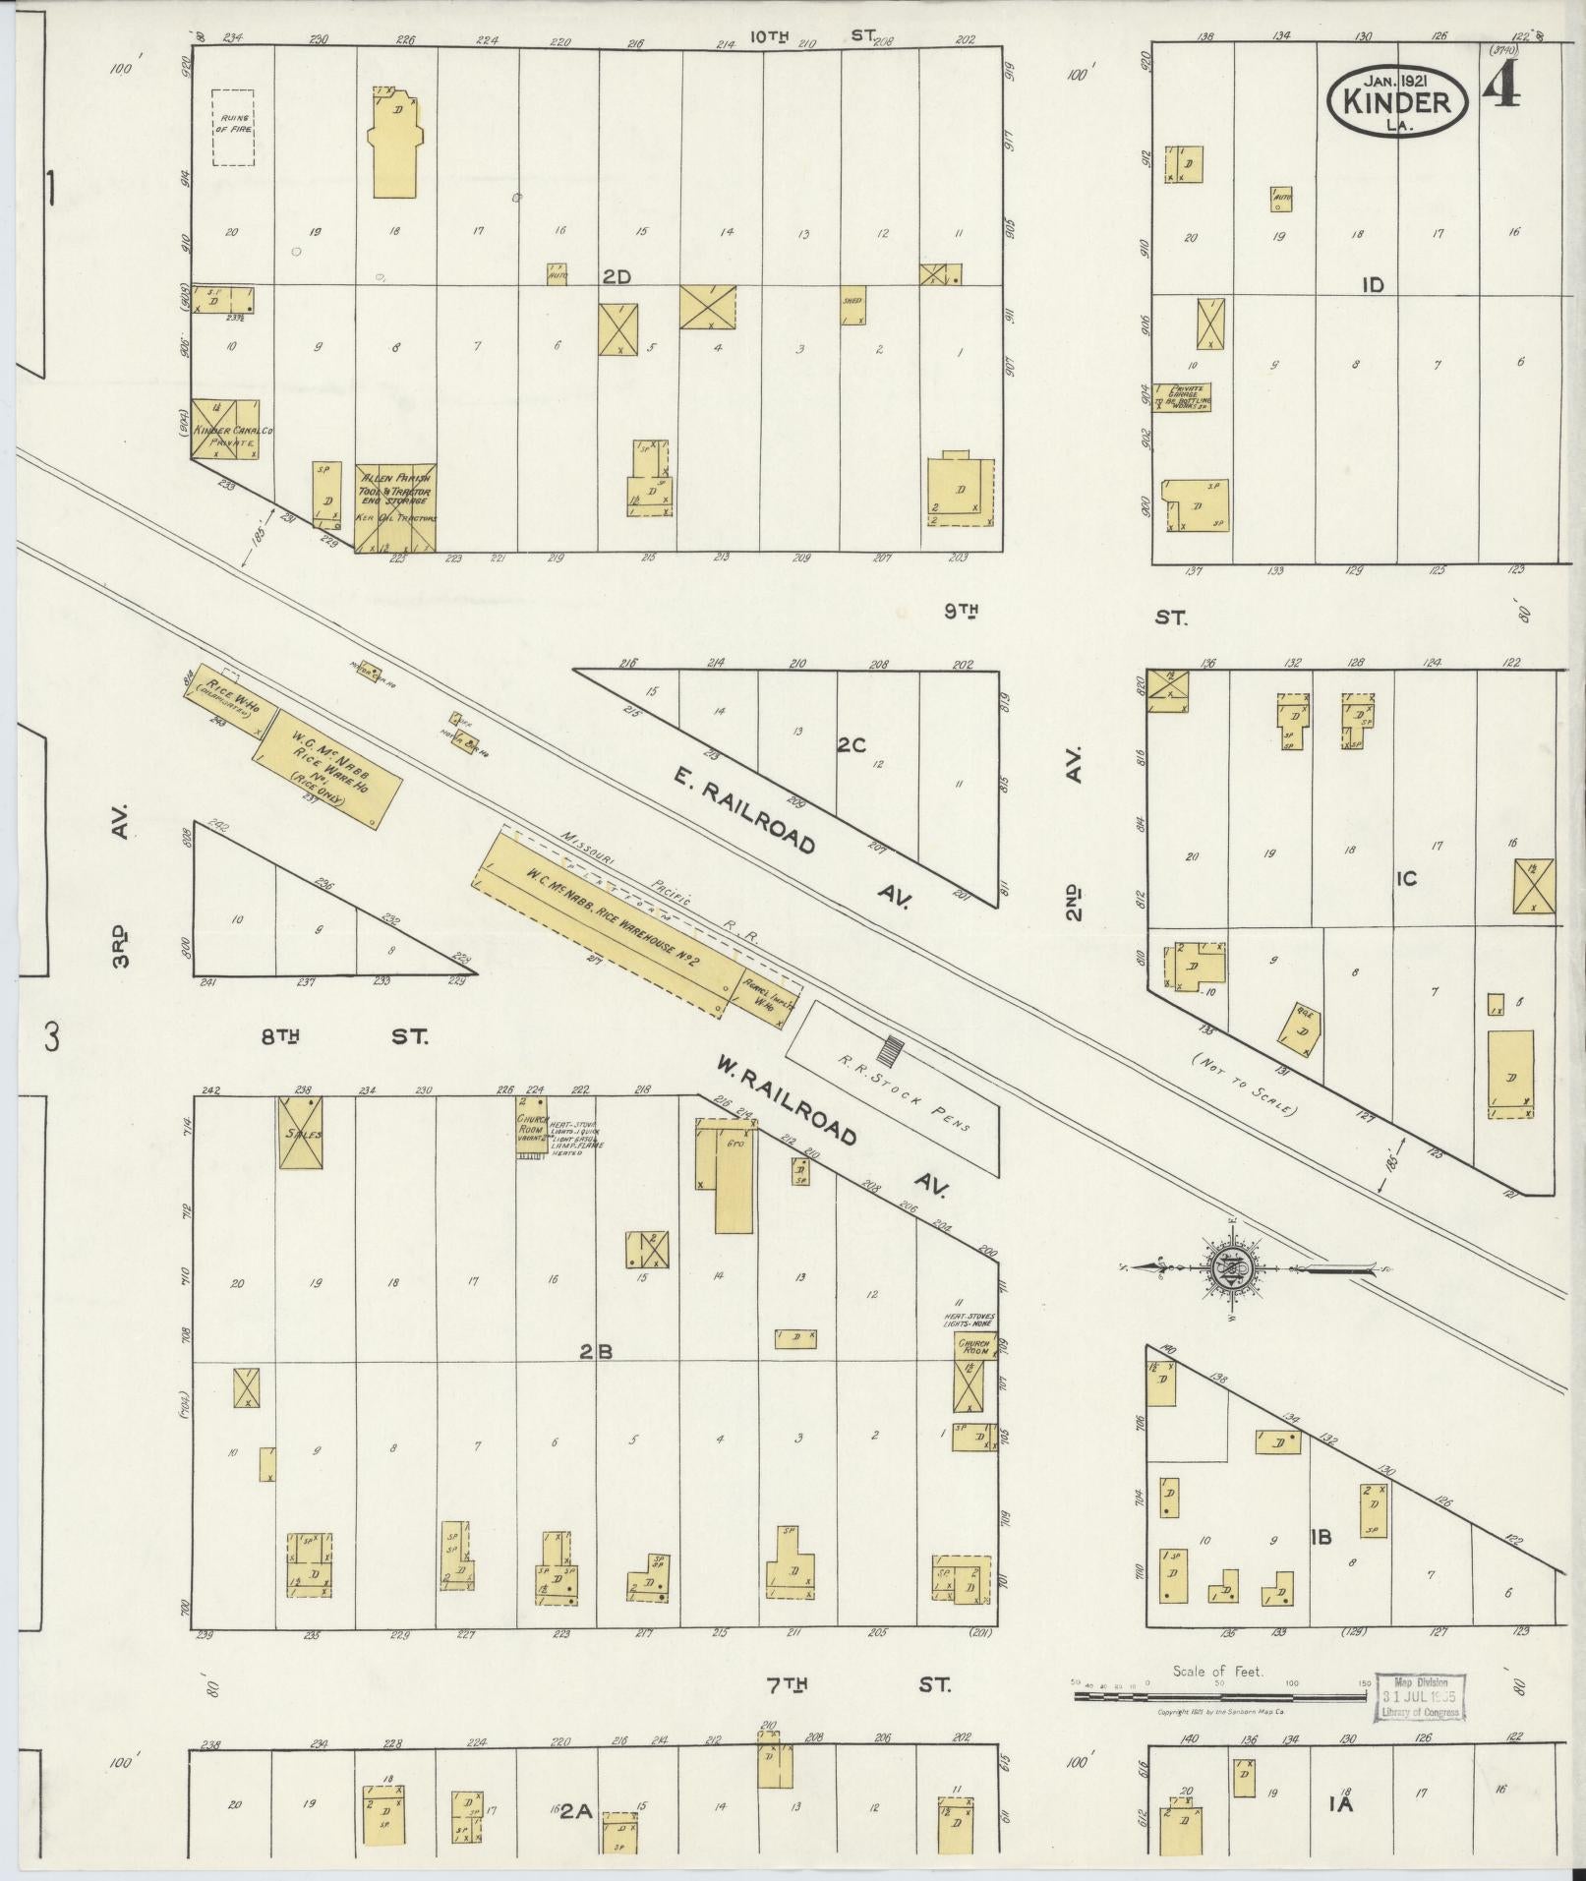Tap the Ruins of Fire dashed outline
pyautogui.click(x=234, y=127)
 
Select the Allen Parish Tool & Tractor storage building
pyautogui.click(x=395, y=507)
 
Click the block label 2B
pyautogui.click(x=595, y=1352)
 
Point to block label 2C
pyautogui.click(x=851, y=745)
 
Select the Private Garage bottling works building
pyautogui.click(x=1183, y=397)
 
